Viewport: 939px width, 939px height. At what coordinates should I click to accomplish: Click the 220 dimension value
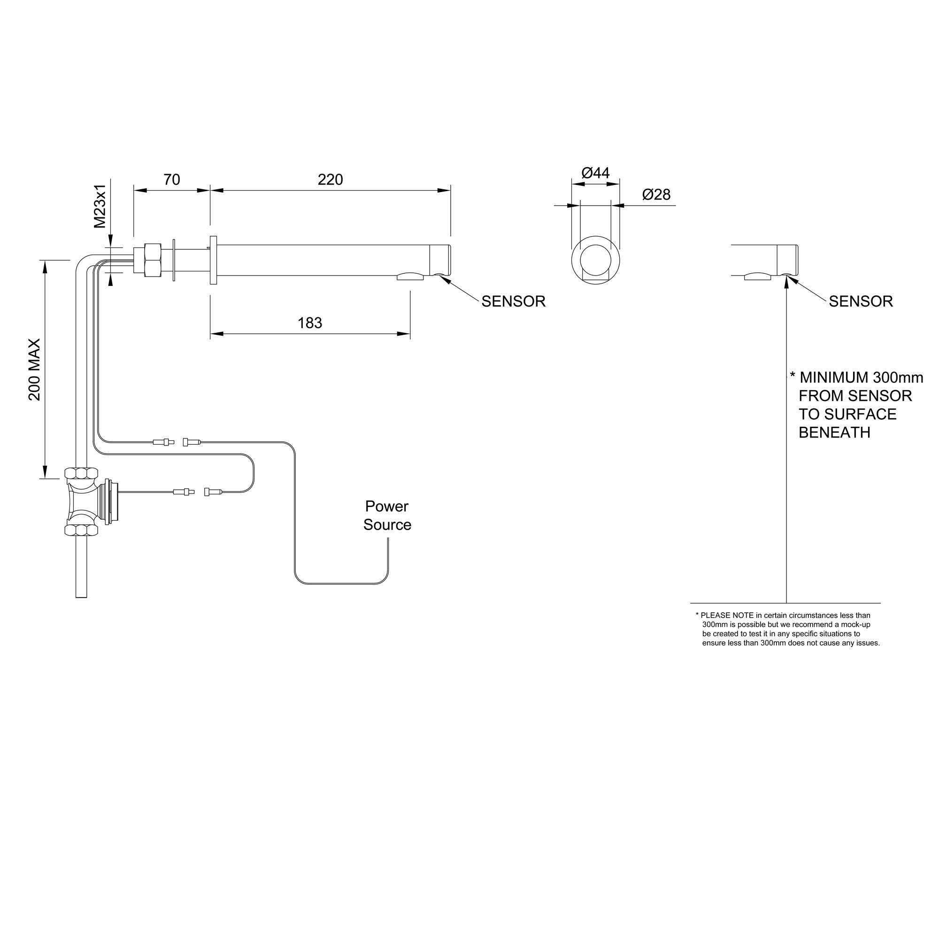coord(330,180)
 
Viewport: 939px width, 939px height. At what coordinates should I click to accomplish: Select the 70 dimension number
coord(171,180)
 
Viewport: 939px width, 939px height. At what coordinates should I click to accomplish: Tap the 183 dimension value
coord(309,323)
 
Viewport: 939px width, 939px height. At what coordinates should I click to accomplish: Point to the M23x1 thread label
coord(100,206)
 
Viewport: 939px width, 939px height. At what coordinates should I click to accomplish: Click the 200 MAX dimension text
coord(34,370)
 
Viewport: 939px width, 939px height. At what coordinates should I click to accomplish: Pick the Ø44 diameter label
coord(595,173)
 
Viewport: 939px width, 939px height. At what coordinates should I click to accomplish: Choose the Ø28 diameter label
coord(656,195)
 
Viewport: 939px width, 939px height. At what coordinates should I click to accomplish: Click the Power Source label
coord(387,516)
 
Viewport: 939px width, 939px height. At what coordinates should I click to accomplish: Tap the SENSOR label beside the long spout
coord(513,301)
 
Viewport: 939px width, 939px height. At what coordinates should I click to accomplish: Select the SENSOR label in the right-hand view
coord(861,301)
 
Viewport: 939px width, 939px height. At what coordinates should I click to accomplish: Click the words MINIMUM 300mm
coord(861,377)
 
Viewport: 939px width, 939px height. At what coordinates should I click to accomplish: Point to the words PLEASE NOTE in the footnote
coord(728,616)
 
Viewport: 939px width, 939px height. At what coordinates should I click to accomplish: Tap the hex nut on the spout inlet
coord(153,261)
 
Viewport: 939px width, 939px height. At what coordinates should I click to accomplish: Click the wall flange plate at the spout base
coord(213,260)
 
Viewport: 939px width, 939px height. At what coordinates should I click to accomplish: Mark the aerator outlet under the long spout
coord(410,277)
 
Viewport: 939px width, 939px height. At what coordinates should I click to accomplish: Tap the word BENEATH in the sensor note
coord(834,432)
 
